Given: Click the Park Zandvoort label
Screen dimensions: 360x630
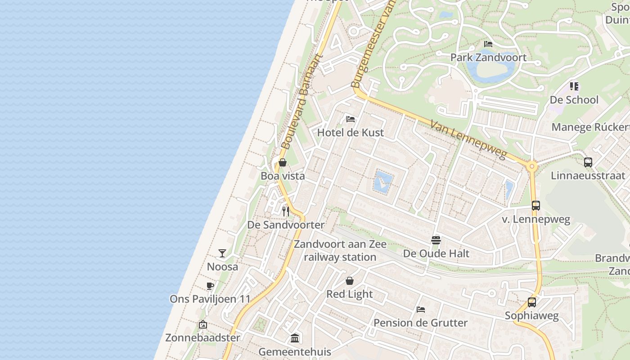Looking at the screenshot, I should click(x=488, y=58).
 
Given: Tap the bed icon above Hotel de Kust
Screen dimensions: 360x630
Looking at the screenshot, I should click(x=351, y=119).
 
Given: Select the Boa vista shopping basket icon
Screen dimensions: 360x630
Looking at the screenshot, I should click(x=283, y=162).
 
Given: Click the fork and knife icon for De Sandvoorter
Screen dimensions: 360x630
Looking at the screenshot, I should click(x=286, y=211).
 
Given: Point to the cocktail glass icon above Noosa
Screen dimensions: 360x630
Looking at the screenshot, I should click(x=222, y=253).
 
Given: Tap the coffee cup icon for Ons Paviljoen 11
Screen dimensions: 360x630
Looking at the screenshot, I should click(x=210, y=286).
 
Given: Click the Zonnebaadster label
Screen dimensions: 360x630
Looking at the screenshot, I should click(x=202, y=337).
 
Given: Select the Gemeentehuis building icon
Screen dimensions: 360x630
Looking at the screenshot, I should click(x=295, y=338).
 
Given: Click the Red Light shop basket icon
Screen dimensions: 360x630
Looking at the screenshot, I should click(x=350, y=281).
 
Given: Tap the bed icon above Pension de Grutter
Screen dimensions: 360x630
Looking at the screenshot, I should click(x=421, y=309).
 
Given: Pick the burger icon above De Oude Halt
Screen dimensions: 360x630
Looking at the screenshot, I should click(x=436, y=240).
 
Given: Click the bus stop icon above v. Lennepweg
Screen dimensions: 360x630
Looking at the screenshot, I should click(x=535, y=206).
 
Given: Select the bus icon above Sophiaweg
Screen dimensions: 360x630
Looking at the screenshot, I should click(x=532, y=302).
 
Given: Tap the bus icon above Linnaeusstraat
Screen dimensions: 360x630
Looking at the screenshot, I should click(x=588, y=162).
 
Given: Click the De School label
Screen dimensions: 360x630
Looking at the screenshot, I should click(x=574, y=100).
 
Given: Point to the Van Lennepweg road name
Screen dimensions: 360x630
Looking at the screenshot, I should click(x=468, y=139).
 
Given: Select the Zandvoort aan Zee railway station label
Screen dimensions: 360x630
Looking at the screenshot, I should click(x=340, y=251).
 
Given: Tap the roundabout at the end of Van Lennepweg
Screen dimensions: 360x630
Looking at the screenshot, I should click(x=532, y=166).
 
